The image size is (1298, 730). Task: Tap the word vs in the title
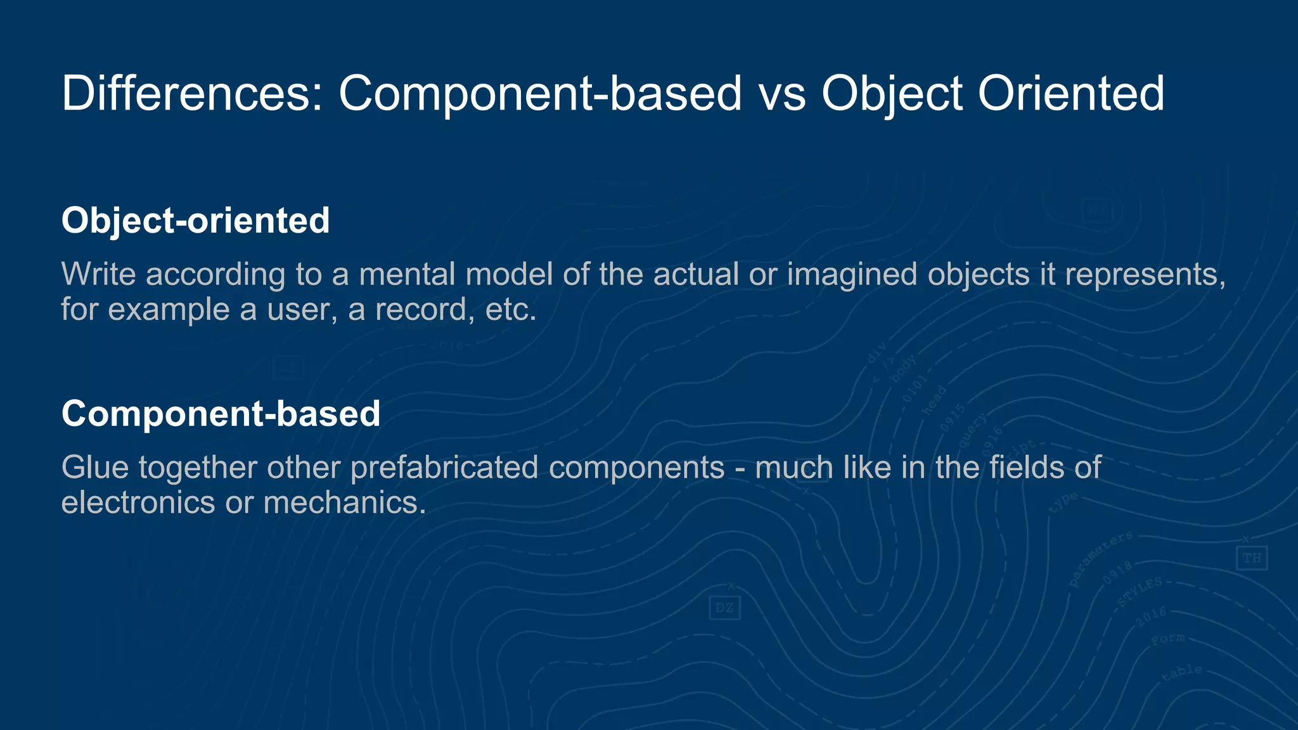[782, 94]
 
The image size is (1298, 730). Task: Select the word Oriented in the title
[1070, 94]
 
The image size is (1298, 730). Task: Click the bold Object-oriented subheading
[195, 221]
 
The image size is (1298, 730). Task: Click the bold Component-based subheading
[221, 414]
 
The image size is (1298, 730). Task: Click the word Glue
[95, 468]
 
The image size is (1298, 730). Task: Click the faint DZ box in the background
[724, 608]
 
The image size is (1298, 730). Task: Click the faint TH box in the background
[1252, 558]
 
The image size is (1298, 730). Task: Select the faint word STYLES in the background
[1140, 591]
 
